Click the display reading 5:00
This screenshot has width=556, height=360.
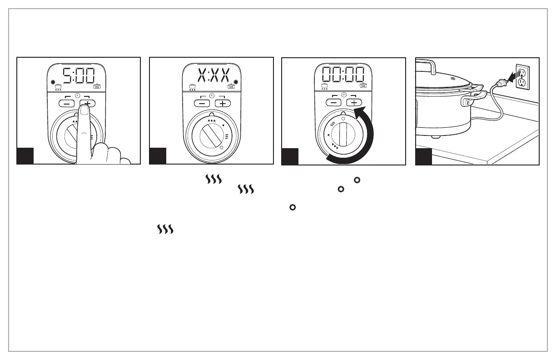tap(78, 76)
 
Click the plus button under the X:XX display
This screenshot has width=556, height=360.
tap(223, 103)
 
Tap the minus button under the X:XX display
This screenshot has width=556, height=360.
tap(202, 103)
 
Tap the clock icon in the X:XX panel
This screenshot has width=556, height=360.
tap(212, 95)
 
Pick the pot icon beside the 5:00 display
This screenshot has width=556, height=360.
tap(58, 86)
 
